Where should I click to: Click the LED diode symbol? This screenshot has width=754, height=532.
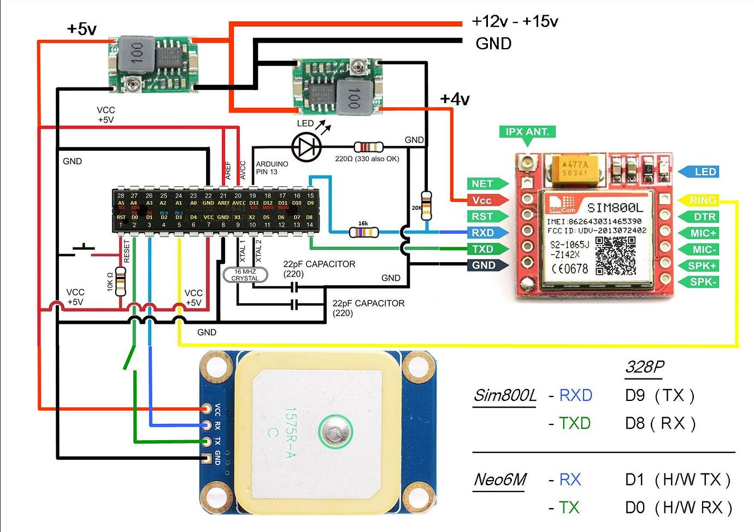[x=304, y=146]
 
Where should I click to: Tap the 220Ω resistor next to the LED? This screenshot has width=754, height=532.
[x=368, y=147]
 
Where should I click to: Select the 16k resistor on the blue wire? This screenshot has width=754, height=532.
[x=363, y=232]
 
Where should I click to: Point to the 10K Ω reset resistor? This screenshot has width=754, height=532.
[x=120, y=282]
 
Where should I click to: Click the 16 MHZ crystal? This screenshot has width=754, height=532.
[x=245, y=275]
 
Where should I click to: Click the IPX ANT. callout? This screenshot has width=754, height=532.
[x=527, y=132]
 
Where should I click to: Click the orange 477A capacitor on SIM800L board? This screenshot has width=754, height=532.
[x=575, y=168]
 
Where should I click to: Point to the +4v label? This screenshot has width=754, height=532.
[x=455, y=99]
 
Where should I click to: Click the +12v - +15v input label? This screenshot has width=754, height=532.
[x=515, y=21]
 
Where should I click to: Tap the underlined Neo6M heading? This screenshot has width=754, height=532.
[x=499, y=480]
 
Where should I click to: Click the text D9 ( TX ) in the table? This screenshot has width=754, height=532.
[x=659, y=395]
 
